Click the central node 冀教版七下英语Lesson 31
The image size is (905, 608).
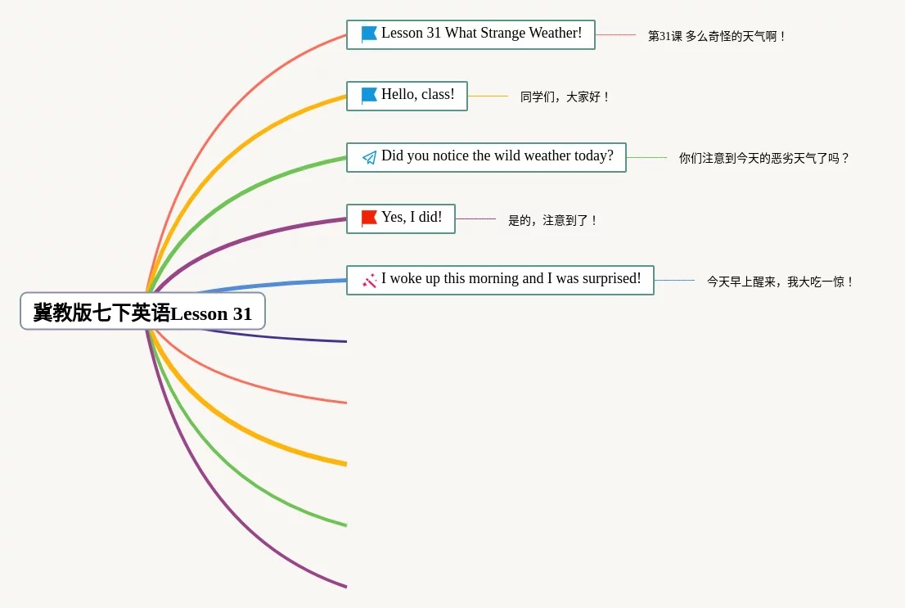click(x=142, y=312)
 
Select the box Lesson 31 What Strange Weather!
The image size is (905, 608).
click(x=471, y=34)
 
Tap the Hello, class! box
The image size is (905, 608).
click(x=407, y=96)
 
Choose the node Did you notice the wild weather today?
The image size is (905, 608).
click(x=486, y=157)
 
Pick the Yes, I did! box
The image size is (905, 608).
click(x=400, y=218)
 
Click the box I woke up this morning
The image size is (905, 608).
click(x=500, y=280)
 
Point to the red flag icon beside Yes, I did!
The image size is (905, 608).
click(x=369, y=218)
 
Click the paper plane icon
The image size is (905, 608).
click(x=370, y=157)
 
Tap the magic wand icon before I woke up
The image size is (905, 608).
click(x=370, y=281)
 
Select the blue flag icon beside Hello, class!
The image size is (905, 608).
click(x=369, y=96)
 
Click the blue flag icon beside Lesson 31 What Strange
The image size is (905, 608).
click(x=369, y=34)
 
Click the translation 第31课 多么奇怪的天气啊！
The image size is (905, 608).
click(x=717, y=36)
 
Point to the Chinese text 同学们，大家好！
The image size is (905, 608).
click(x=565, y=97)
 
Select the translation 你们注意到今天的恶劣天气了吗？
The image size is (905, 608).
click(x=764, y=158)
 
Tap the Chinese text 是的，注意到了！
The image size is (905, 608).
click(x=553, y=220)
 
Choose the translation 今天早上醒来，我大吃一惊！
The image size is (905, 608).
click(x=781, y=281)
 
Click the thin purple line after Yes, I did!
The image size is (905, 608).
click(x=475, y=218)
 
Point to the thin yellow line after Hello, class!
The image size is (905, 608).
click(x=488, y=96)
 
